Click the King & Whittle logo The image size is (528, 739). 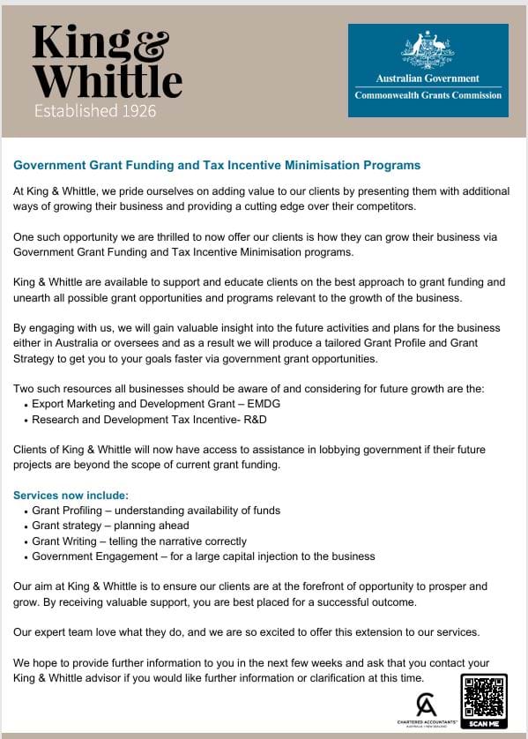pyautogui.click(x=106, y=62)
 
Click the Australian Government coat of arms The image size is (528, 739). pyautogui.click(x=428, y=50)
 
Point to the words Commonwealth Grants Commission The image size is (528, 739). pyautogui.click(x=428, y=95)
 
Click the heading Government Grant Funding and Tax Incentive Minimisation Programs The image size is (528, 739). pyautogui.click(x=217, y=165)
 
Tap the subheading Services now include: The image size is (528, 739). pyautogui.click(x=71, y=495)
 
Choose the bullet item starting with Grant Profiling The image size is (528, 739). pyautogui.click(x=156, y=511)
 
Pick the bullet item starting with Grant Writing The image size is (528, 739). pyautogui.click(x=139, y=541)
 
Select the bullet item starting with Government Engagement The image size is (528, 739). pyautogui.click(x=203, y=556)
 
